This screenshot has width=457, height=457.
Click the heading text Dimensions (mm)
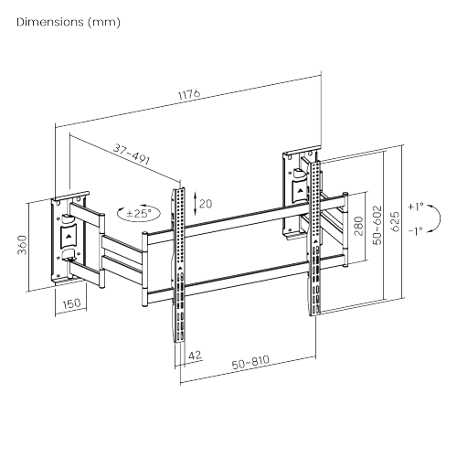[x=68, y=20]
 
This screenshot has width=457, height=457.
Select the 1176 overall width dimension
[x=188, y=95]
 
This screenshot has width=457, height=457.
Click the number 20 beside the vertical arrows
[x=206, y=204]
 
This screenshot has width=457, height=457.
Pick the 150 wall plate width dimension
[x=69, y=305]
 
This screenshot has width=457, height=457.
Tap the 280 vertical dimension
[x=358, y=225]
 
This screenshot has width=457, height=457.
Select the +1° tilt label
[x=416, y=207]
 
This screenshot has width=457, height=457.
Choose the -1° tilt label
[x=416, y=231]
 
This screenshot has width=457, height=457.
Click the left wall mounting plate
[x=69, y=239]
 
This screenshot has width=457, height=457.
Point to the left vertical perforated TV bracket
[x=179, y=265]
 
